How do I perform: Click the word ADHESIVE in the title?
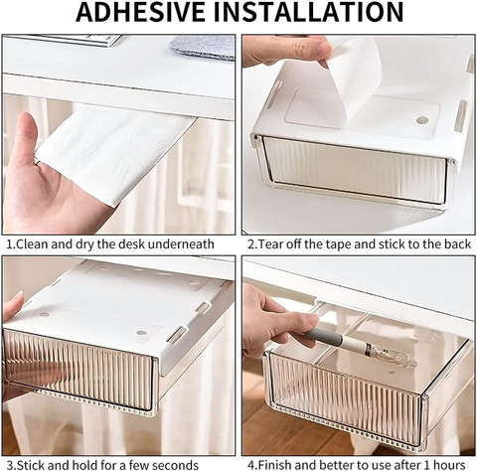[x=140, y=12]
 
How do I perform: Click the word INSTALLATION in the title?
[x=308, y=12]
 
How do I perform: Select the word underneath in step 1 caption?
[x=181, y=244]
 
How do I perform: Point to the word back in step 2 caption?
[x=457, y=244]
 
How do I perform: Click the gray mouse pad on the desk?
[x=204, y=47]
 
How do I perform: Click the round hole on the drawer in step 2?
[x=422, y=120]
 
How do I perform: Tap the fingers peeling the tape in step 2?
[x=291, y=50]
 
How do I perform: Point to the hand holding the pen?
[x=278, y=318]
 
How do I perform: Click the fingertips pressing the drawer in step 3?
[x=13, y=305]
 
